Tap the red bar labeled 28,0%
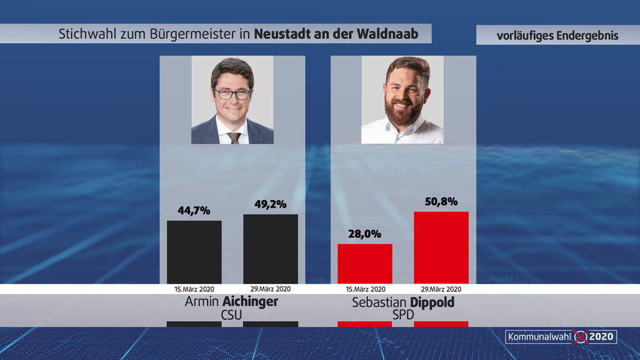pos(365,263)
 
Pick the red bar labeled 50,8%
pos(441,247)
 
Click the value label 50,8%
pos(441,201)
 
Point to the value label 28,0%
pos(365,234)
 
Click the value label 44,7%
pos(194,210)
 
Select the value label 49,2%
pos(271,204)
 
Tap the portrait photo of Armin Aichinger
pos(232,100)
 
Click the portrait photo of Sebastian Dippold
pos(403,100)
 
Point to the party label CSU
pos(232,316)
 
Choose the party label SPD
pos(403,316)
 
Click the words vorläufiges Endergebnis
pos(557,36)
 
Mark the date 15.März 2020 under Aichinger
pos(194,288)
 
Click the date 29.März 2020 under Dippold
pos(441,288)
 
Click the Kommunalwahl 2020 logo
pos(560,337)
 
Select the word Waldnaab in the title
pos(387,34)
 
